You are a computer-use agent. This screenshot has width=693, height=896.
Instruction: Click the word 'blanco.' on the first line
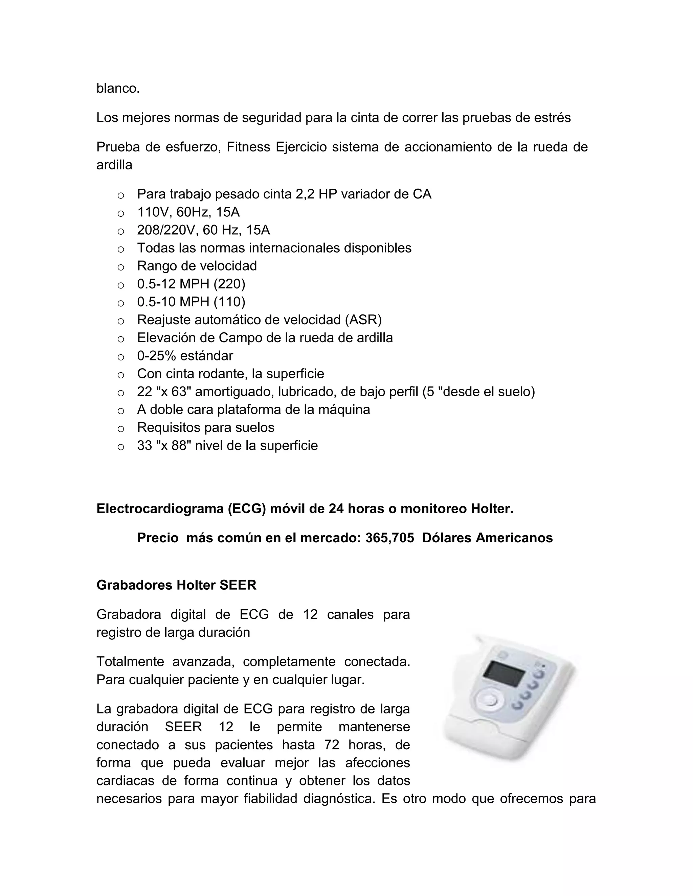pos(118,88)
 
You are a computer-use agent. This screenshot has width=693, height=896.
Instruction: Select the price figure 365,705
pos(389,538)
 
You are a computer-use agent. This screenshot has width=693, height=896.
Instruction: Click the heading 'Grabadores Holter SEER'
pos(176,585)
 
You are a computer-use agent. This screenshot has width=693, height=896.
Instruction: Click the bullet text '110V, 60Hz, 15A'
pos(188,212)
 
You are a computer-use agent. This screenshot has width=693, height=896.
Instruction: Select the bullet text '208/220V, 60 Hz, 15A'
pos(203,230)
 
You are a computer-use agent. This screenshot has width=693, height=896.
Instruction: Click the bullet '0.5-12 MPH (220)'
pos(191,284)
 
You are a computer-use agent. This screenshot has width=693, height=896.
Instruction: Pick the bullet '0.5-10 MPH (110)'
pos(191,302)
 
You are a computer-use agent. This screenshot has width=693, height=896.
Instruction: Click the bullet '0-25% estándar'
pos(185,356)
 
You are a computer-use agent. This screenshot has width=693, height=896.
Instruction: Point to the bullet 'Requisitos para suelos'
pos(206,427)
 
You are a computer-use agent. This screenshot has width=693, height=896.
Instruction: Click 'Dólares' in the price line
pos(447,538)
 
